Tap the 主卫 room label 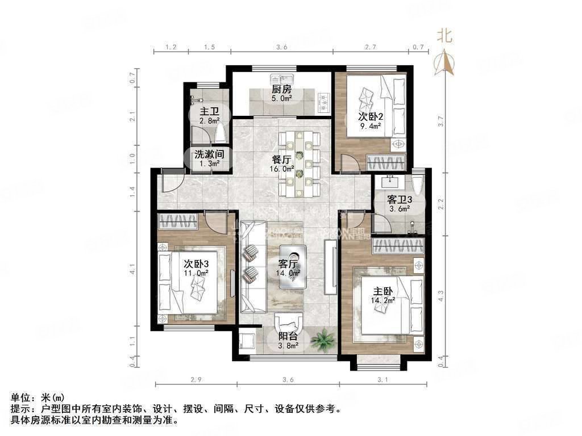coord(205,111)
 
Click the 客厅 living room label coord(288,263)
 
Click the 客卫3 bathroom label coord(398,200)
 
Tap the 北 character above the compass coord(444,36)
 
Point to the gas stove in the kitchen coord(325,102)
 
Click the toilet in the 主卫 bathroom coord(221,132)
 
